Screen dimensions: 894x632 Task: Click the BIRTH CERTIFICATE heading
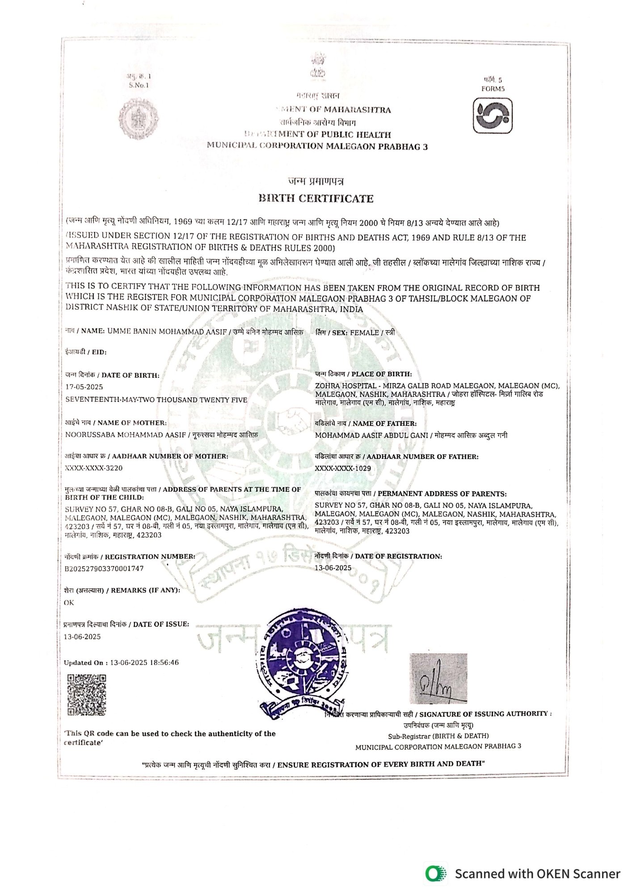click(316, 198)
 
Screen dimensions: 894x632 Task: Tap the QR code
click(87, 696)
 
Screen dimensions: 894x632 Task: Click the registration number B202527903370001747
click(104, 569)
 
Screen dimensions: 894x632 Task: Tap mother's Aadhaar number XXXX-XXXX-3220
click(94, 468)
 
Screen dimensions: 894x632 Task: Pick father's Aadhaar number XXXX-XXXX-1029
click(343, 468)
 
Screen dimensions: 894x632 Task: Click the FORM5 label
click(493, 89)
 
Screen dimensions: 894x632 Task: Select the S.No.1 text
click(139, 85)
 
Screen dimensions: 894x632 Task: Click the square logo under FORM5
click(493, 116)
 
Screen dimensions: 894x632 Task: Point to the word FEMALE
click(364, 333)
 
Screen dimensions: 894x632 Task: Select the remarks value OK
click(69, 603)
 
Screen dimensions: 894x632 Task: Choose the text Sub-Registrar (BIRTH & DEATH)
click(438, 736)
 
